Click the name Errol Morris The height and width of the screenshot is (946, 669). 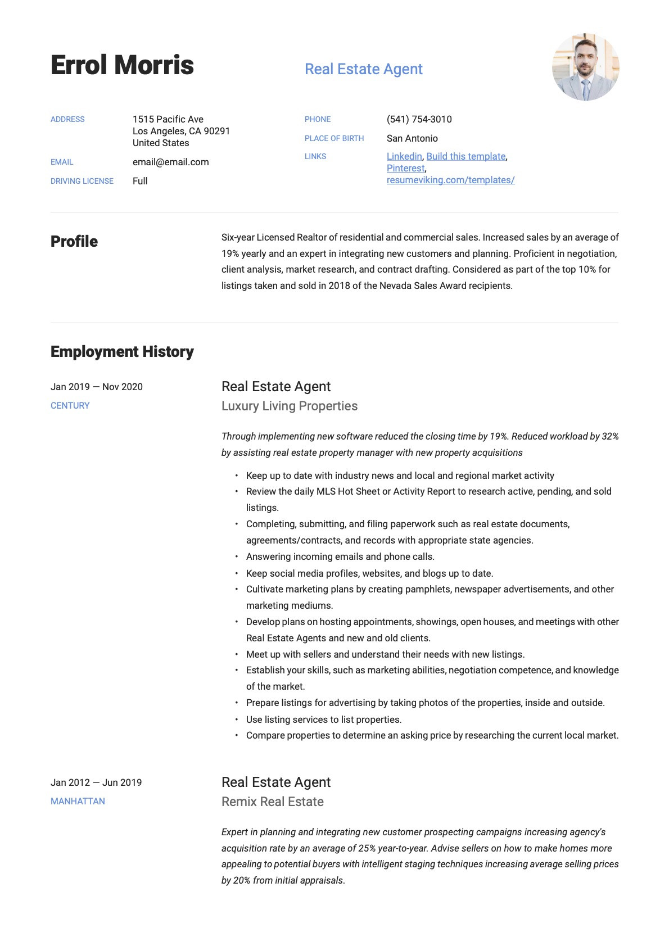point(122,65)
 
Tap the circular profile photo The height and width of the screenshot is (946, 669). point(585,67)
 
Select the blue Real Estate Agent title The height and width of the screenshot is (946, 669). point(363,69)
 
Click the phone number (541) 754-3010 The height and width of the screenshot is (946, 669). point(419,119)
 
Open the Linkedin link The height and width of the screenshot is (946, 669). point(404,156)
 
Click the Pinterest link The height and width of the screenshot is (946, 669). point(405,168)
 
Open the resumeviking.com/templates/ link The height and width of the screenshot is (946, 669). point(450,180)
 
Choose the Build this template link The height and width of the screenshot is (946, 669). point(465,156)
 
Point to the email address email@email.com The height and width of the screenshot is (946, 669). point(170,162)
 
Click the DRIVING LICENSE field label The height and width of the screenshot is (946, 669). point(82,181)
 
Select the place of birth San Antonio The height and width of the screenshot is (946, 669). point(412,138)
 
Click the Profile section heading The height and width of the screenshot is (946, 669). point(74,242)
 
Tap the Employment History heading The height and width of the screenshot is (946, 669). point(122,352)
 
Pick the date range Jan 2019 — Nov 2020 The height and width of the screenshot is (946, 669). point(97,387)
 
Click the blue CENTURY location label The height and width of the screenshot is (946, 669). point(70,406)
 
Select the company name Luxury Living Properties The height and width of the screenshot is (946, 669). point(290,406)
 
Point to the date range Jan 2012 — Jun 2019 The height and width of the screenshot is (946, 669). point(96,782)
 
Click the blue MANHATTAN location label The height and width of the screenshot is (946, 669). point(78,802)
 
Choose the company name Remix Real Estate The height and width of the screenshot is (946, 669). point(273,802)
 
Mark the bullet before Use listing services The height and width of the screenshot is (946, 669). point(237,719)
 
